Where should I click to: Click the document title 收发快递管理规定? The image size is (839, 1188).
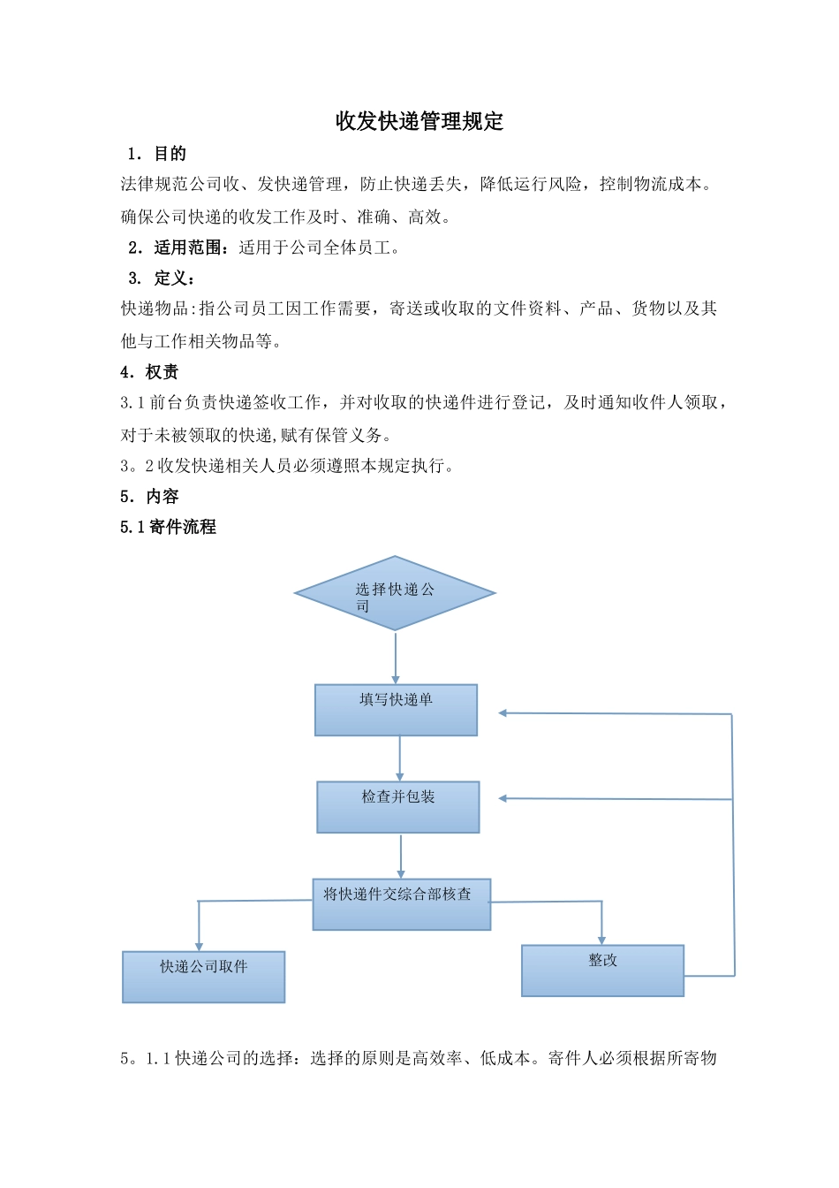(419, 121)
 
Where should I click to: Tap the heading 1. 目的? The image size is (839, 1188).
(156, 154)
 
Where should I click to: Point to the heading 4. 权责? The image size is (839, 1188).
(149, 372)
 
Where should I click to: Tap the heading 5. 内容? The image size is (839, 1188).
(149, 497)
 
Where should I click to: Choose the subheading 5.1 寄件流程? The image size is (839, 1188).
(168, 527)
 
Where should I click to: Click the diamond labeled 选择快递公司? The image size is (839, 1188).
(395, 593)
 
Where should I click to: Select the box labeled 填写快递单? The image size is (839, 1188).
(396, 710)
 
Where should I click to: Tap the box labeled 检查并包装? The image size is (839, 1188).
(397, 807)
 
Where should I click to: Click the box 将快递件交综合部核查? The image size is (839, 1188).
(401, 904)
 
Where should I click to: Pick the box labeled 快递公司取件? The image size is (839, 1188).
(203, 977)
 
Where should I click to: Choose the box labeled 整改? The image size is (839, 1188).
(602, 971)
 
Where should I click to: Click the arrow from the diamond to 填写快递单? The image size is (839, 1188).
(396, 657)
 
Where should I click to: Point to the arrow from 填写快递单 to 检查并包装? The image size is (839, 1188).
(400, 758)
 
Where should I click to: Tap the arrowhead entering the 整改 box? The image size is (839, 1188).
(602, 939)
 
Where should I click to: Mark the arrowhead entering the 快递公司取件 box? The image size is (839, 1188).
(199, 946)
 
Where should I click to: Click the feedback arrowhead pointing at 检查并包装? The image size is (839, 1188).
(503, 798)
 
